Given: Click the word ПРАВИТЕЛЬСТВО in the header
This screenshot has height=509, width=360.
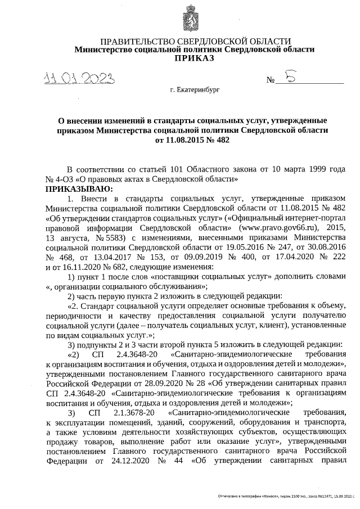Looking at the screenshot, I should [x=133, y=41].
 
